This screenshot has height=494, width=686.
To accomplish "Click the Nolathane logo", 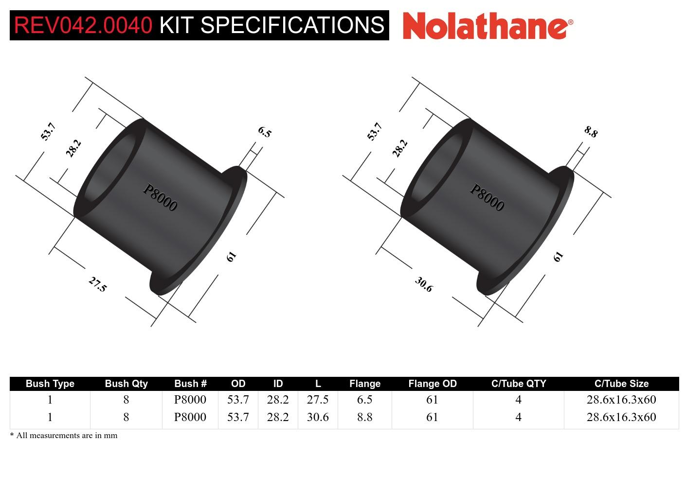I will point(487,25).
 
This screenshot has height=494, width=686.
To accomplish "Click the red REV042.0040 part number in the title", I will point(83,25).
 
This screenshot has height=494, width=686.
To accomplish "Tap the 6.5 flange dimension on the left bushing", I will point(264,132).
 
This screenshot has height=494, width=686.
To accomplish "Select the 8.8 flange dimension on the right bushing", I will point(591,132).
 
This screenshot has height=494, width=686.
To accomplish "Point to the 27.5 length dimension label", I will point(97,284).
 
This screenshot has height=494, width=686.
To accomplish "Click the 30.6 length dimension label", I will point(424,284).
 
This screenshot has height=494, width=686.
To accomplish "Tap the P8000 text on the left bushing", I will point(160,197).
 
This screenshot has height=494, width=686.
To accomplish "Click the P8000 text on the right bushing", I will point(487,197).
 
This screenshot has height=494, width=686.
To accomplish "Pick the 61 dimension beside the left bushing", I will point(232,256).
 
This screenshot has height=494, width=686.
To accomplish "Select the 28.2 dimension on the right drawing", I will point(399,148).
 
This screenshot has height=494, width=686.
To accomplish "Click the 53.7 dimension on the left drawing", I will point(48,132).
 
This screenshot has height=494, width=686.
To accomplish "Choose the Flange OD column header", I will point(432,384).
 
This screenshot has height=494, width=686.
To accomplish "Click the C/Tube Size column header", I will point(621,384).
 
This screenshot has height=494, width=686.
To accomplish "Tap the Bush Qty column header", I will point(126,384).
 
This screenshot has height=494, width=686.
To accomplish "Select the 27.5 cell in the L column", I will point(318,400).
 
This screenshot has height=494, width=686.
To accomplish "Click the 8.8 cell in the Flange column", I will point(364,417).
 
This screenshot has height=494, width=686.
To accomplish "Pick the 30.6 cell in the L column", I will point(318,417).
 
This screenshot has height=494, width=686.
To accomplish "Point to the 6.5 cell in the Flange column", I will point(364,400).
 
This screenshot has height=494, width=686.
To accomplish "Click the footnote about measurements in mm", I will point(64,435).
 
